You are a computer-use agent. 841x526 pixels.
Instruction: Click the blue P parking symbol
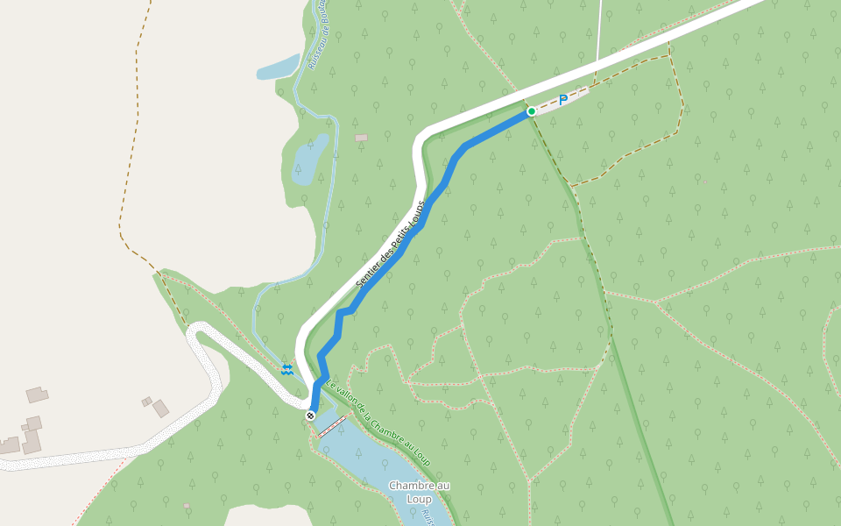[563, 100]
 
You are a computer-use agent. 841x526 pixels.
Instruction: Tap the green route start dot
[531, 111]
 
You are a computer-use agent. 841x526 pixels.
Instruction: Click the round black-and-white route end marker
[310, 415]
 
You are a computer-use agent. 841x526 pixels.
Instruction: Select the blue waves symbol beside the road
[286, 368]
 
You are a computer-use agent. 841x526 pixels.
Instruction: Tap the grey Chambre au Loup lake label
[419, 492]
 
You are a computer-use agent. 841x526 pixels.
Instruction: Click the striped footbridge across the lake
[330, 427]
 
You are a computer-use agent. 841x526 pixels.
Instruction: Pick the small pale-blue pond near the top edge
[277, 68]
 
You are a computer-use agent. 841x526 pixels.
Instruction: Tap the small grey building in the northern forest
[361, 138]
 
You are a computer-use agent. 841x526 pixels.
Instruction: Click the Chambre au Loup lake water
[368, 465]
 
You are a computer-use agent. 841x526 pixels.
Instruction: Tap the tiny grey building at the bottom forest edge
[186, 506]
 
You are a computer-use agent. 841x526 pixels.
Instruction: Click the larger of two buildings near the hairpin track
[160, 409]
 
